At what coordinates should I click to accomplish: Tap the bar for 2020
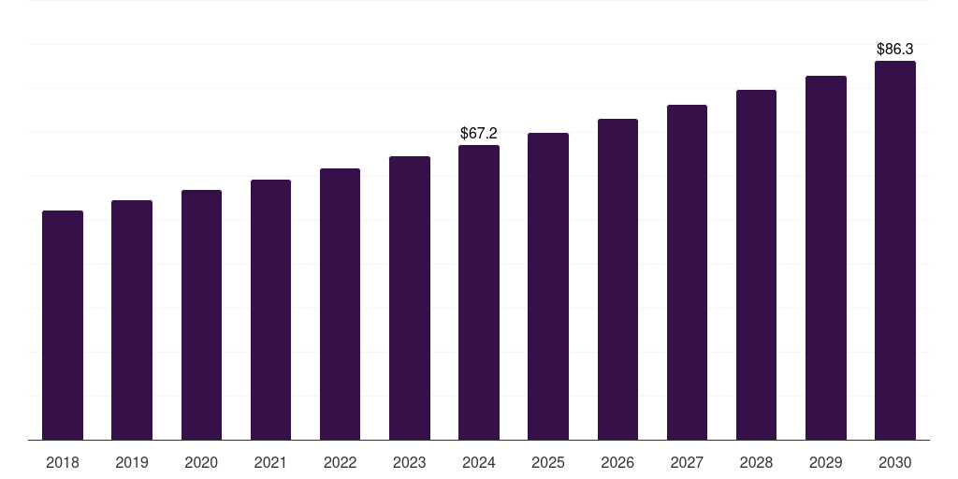pyautogui.click(x=201, y=315)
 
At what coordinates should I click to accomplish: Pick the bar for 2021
pyautogui.click(x=270, y=310)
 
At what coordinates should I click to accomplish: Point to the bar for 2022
pyautogui.click(x=340, y=304)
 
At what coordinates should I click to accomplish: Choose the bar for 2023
pyautogui.click(x=410, y=298)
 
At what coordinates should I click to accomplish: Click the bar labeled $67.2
pyautogui.click(x=479, y=293)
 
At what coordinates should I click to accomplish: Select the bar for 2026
pyautogui.click(x=617, y=280)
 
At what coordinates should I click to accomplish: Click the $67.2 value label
pyautogui.click(x=479, y=134)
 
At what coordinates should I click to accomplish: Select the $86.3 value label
pyautogui.click(x=894, y=49)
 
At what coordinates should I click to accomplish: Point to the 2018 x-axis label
pyautogui.click(x=63, y=463)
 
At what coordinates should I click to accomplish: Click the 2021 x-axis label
pyautogui.click(x=270, y=463)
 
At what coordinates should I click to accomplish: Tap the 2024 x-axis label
pyautogui.click(x=479, y=463)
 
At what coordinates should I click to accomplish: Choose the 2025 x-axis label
pyautogui.click(x=548, y=463)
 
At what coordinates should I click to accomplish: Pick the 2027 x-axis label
pyautogui.click(x=687, y=463)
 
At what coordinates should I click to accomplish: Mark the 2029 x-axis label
pyautogui.click(x=825, y=463)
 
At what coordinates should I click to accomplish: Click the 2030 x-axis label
pyautogui.click(x=894, y=463)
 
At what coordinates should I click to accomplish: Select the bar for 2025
pyautogui.click(x=548, y=286)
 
